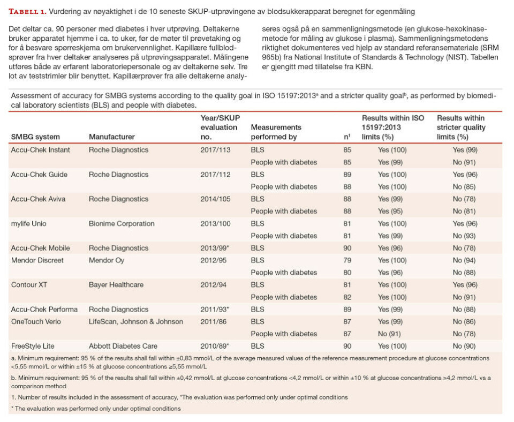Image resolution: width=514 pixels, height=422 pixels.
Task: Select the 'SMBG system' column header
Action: (x=35, y=137)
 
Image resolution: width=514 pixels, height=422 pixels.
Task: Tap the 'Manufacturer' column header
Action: (x=111, y=137)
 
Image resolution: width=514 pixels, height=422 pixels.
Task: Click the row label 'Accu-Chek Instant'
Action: (x=40, y=150)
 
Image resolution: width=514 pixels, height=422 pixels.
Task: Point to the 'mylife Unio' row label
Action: (x=31, y=223)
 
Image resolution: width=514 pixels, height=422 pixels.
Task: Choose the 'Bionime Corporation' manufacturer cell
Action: (x=122, y=223)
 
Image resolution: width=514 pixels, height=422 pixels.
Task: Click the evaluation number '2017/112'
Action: (x=215, y=175)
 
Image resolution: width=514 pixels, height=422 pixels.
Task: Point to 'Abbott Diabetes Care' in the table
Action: (x=123, y=346)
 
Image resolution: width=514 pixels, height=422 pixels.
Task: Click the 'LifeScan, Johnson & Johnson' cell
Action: (x=136, y=321)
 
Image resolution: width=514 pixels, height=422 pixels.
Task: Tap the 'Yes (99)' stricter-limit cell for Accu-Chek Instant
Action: (x=465, y=150)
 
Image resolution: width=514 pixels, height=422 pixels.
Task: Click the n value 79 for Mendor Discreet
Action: (x=347, y=260)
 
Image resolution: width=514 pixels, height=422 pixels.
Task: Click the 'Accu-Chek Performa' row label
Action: (x=44, y=309)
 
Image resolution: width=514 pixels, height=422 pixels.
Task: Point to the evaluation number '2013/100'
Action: (x=215, y=223)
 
